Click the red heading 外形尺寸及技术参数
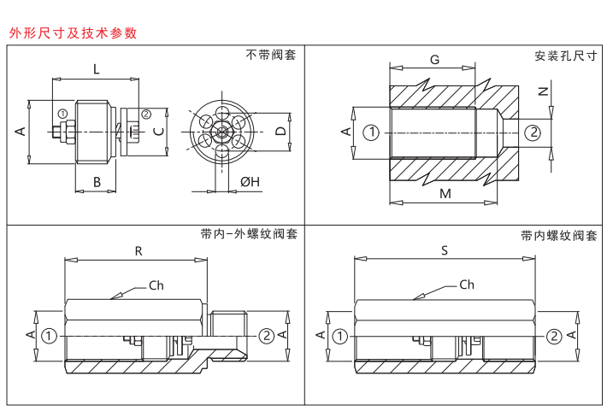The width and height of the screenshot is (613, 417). point(73,33)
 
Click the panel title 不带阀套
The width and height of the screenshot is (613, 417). point(271,56)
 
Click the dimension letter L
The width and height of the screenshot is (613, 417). point(96,68)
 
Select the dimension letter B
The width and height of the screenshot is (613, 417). point(97,181)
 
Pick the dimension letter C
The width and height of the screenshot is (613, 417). point(157,132)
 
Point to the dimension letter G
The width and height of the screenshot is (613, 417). point(434,60)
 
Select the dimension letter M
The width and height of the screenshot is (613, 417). point(445,194)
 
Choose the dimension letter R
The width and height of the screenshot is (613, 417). point(139,250)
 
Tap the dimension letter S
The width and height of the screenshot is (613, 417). point(445,250)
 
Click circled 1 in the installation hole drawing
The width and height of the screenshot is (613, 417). point(370,132)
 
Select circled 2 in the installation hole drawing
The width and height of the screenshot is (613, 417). point(532,132)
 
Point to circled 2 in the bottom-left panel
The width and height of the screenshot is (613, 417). point(266,335)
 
